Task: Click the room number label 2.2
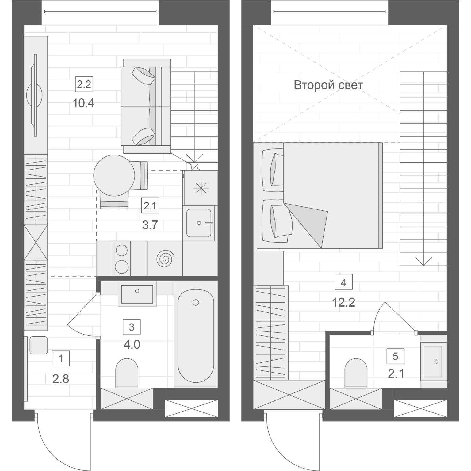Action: click(x=84, y=84)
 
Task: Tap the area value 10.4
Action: click(x=83, y=103)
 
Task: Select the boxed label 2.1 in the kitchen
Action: click(x=150, y=206)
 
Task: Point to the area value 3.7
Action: click(x=150, y=225)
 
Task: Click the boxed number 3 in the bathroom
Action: click(x=132, y=327)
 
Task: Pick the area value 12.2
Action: click(x=343, y=303)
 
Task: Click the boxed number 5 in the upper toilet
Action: click(x=395, y=356)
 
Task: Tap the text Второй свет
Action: click(x=328, y=85)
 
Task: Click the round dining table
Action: click(x=114, y=175)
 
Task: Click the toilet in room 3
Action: click(x=127, y=373)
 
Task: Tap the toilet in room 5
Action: click(x=356, y=373)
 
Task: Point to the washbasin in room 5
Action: click(x=433, y=362)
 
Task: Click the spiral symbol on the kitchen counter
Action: click(x=165, y=258)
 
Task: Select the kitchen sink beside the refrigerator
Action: click(x=199, y=223)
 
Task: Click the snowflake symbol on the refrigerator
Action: click(x=200, y=188)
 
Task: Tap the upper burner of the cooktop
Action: click(x=122, y=250)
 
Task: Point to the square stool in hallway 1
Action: click(x=38, y=345)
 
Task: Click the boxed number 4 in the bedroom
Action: click(x=343, y=282)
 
